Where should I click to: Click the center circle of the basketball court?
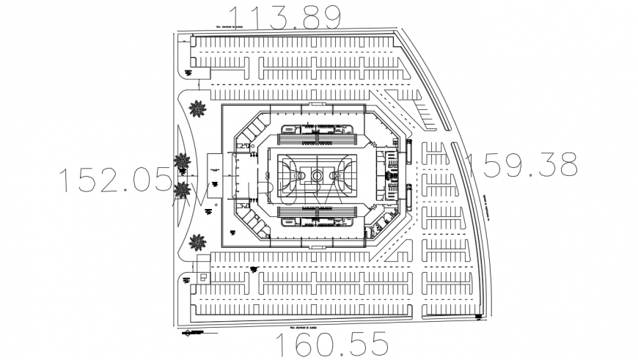pyautogui.click(x=316, y=175)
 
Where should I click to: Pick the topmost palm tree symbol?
pyautogui.click(x=197, y=109)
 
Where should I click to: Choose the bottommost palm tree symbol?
pyautogui.click(x=197, y=241)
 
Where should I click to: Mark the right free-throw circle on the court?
pyautogui.click(x=334, y=175)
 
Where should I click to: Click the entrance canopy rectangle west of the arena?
pyautogui.click(x=215, y=176)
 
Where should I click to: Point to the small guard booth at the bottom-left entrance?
pyautogui.click(x=203, y=278)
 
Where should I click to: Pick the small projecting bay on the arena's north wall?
pyautogui.click(x=316, y=106)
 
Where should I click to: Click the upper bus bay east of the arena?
pyautogui.click(x=408, y=151)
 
